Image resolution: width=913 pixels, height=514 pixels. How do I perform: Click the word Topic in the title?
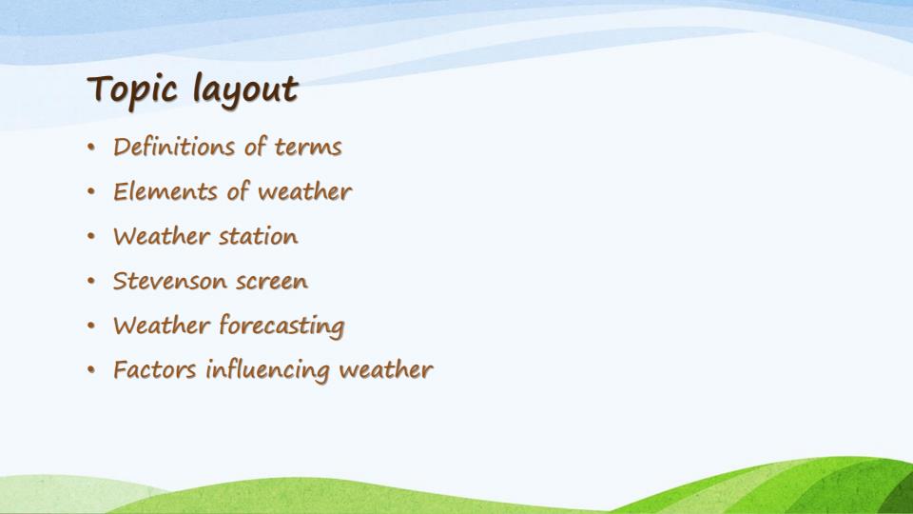tap(134, 90)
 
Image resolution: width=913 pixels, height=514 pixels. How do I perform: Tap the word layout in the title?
tap(245, 90)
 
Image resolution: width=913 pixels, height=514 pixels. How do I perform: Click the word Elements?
tap(165, 192)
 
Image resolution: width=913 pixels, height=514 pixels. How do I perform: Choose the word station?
tap(258, 236)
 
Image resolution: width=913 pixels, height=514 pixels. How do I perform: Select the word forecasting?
tap(282, 326)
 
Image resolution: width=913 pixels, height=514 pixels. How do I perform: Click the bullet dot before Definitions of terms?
tap(90, 148)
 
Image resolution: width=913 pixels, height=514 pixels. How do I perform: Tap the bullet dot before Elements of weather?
tap(90, 192)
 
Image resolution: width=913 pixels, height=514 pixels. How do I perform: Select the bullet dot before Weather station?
tap(90, 237)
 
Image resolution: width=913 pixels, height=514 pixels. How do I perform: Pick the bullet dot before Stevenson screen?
tap(90, 282)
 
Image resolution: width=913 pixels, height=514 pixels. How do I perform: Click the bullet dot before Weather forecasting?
tap(90, 326)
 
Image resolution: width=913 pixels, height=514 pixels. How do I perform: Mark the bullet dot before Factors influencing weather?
tap(90, 370)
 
